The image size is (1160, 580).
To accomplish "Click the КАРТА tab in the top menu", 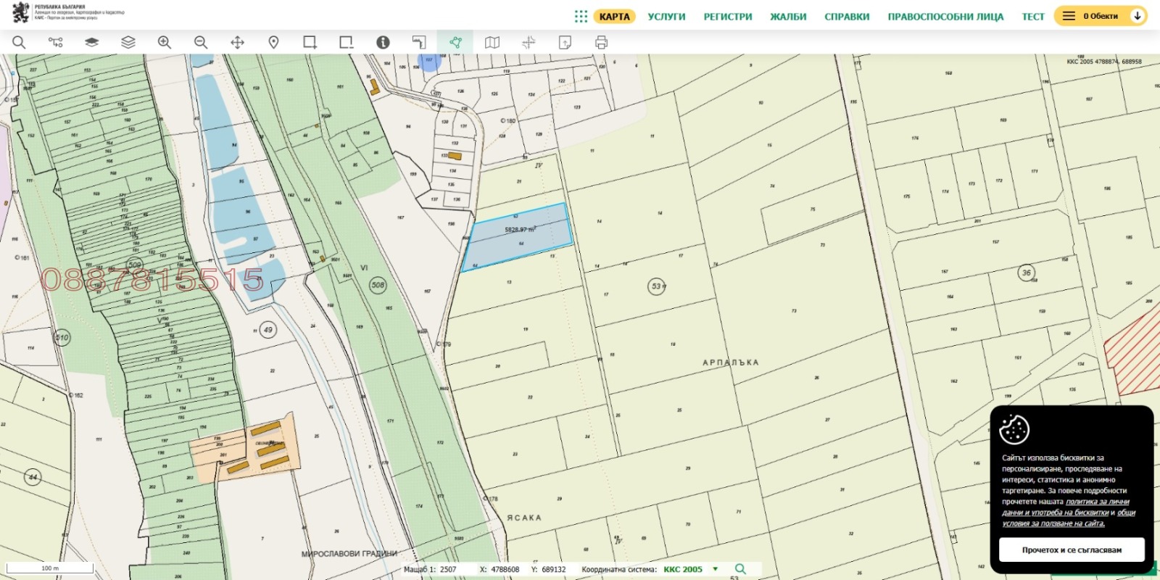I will [614, 17].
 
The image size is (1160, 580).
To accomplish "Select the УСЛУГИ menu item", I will [666, 17].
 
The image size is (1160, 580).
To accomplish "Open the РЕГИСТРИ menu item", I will [728, 17].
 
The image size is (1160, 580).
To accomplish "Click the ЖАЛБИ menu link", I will [788, 17].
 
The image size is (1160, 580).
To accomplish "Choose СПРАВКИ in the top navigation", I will [847, 17].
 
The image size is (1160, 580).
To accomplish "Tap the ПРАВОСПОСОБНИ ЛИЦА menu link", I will [945, 17].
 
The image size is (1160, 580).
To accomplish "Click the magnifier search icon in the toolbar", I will [19, 43].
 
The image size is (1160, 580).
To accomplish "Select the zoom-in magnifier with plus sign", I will [165, 43].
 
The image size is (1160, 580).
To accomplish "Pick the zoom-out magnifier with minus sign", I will [201, 43].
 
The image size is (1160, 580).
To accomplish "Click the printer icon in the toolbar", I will [601, 43].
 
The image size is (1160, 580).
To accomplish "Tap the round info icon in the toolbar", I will [383, 43].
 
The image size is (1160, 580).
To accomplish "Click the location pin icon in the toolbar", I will [273, 43].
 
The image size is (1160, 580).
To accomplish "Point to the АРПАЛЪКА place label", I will [730, 362].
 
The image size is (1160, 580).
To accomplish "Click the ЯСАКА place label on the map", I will [524, 518].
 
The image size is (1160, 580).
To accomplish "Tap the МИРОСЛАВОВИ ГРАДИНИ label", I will [349, 554].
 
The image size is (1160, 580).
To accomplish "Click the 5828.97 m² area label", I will [520, 230].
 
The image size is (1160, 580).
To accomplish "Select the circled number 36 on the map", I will [1026, 273].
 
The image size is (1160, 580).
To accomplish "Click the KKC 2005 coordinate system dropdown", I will [690, 569].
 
